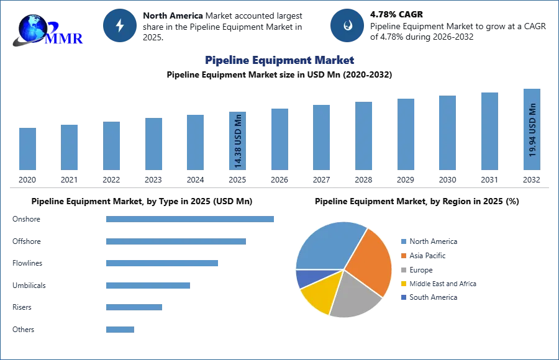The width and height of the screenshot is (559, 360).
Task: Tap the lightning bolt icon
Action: click(120, 25)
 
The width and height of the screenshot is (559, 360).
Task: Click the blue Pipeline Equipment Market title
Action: click(280, 60)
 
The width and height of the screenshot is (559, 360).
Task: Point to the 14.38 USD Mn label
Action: click(238, 142)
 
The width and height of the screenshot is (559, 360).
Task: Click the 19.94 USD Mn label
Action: click(532, 130)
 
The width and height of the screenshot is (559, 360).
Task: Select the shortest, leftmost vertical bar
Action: click(27, 149)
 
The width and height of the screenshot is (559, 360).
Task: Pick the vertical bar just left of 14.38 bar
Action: click(194, 143)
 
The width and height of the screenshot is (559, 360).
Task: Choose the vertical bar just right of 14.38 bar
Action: click(278, 140)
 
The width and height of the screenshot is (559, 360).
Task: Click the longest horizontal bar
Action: click(191, 218)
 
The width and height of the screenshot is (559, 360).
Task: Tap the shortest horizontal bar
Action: click(119, 328)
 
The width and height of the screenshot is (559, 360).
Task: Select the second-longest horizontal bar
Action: click(176, 243)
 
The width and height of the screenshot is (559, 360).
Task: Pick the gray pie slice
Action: click(357, 293)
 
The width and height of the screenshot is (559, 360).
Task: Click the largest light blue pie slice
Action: click(326, 245)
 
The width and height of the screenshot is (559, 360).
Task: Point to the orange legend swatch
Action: click(403, 255)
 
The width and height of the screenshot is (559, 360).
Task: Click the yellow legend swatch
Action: click(403, 283)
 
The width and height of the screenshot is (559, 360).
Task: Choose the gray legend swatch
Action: click(403, 269)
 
